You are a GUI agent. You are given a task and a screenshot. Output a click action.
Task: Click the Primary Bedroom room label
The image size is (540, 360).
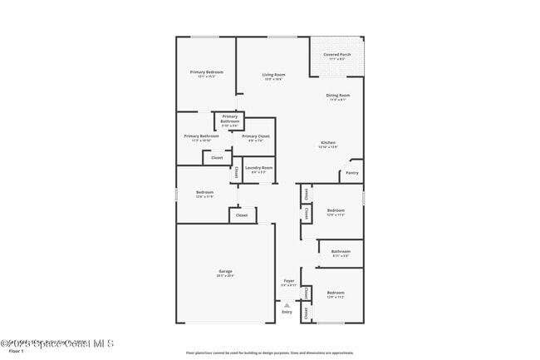[x=206, y=72]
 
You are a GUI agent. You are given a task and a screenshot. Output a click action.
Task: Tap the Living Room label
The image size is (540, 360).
[x=273, y=76]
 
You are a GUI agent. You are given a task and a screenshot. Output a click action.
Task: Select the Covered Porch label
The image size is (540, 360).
[x=336, y=55]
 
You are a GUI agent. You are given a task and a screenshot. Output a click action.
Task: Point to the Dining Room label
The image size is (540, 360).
[x=337, y=96]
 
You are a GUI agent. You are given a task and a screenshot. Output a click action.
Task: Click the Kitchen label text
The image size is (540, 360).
[x=328, y=143]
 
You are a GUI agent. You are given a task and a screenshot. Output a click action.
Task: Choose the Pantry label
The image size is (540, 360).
[x=352, y=173]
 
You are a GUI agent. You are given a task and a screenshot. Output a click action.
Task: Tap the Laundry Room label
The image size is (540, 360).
[x=258, y=168]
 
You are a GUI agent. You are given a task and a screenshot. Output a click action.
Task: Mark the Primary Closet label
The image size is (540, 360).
[x=256, y=136]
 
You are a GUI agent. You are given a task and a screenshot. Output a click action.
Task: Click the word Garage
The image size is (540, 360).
[x=225, y=271]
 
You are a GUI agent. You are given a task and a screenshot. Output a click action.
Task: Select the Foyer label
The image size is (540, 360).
[x=288, y=281]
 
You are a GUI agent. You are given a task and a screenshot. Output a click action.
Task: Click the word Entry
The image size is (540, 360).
[x=287, y=312]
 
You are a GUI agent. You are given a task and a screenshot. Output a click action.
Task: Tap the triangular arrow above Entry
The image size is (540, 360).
[x=287, y=304]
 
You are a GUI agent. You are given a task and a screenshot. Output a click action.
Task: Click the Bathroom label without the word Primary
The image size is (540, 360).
[x=341, y=251]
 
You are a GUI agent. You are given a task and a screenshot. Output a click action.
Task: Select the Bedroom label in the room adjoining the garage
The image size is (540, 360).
[x=204, y=192]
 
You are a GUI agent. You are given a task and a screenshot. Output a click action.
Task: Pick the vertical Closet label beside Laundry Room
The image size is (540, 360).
[x=235, y=173]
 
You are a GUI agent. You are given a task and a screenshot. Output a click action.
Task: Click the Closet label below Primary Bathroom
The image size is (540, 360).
[x=217, y=157]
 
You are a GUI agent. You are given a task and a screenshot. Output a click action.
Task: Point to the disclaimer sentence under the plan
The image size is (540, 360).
[x=269, y=353]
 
